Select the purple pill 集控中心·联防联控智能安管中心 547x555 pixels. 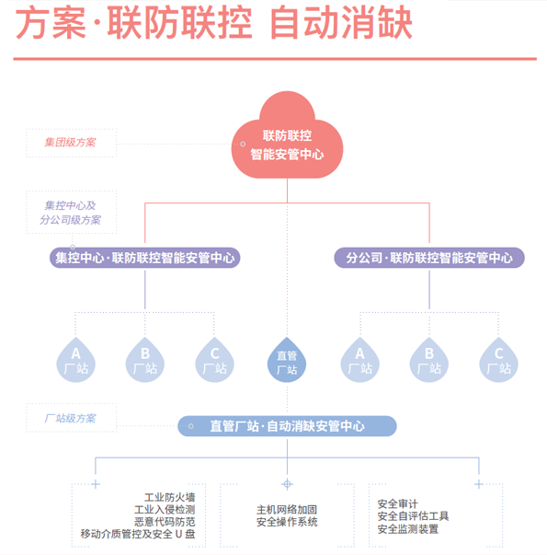pos(144,258)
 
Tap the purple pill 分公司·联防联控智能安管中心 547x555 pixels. pos(429,258)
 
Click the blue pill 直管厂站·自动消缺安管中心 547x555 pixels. pos(287,426)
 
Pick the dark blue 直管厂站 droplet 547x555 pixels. pos(287,361)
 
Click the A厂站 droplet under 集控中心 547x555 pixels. pos(75,361)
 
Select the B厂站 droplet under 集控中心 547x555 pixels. pos(145,361)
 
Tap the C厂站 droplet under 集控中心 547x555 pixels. pos(214,361)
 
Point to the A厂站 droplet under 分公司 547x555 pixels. pos(360,361)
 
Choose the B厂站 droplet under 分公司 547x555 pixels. pos(429,361)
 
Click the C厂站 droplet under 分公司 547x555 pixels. pos(498,361)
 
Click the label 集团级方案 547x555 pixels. pos(70,143)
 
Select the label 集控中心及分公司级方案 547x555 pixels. pos(70,213)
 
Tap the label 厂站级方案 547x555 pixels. pos(70,418)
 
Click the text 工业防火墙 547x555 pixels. pos(170,497)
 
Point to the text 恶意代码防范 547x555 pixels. pos(165,522)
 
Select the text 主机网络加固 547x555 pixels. pos(287,510)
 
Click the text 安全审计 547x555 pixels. pos(398,503)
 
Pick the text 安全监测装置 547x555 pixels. pos(408,529)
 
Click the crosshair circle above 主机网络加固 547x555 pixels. pos(287,484)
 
